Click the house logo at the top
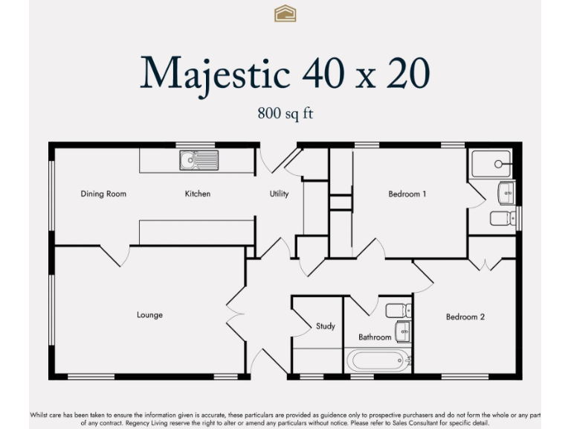(285, 13)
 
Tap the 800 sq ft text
(285, 114)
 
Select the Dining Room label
(103, 194)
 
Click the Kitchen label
(198, 194)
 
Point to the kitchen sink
(199, 159)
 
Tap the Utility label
(279, 194)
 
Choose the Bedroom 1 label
(407, 194)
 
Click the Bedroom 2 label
(465, 317)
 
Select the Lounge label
(149, 315)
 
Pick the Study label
(325, 326)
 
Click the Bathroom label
(375, 337)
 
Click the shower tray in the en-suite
(491, 164)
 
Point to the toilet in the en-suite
(503, 218)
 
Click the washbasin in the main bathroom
(402, 331)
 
